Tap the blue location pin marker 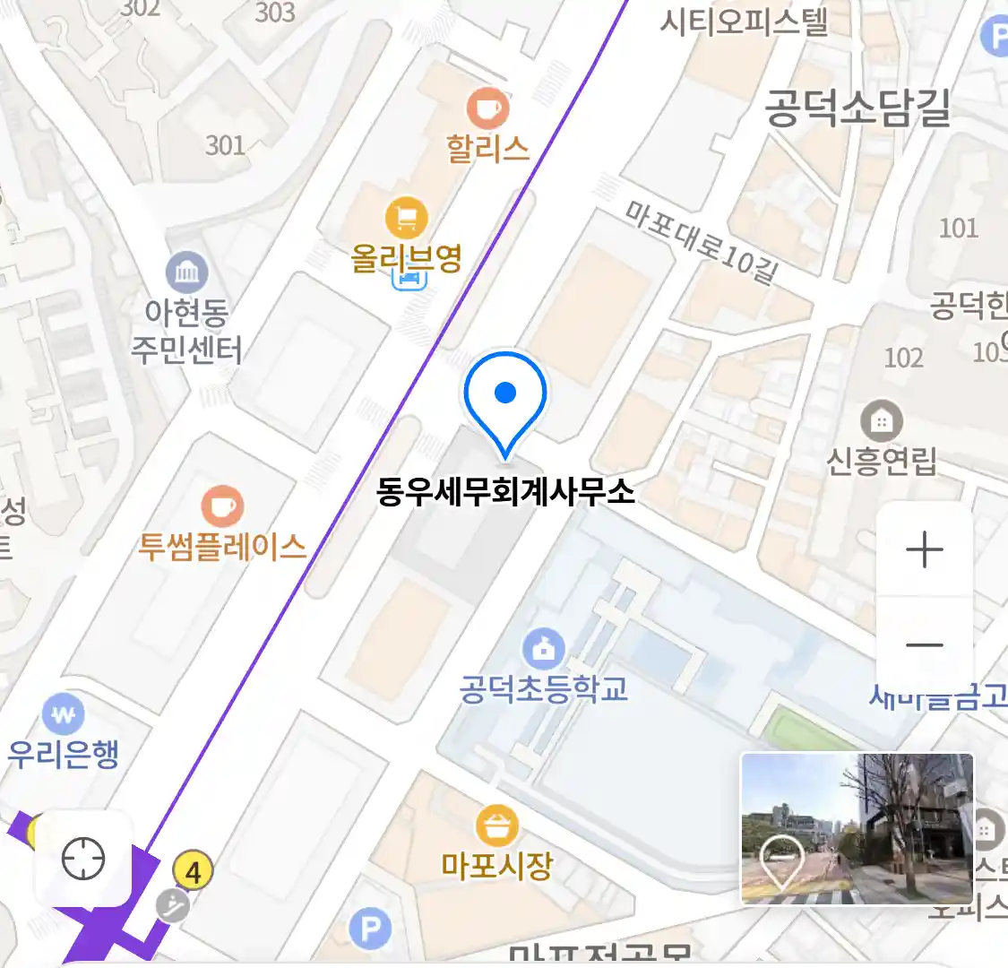click(x=505, y=394)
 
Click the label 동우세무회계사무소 click(x=505, y=492)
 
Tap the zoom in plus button click(x=924, y=550)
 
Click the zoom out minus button click(x=924, y=644)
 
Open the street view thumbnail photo click(x=856, y=828)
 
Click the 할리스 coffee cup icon click(x=487, y=109)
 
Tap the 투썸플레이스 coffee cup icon click(x=221, y=506)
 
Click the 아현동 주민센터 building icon click(x=186, y=273)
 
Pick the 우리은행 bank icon click(x=63, y=715)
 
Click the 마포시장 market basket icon click(x=496, y=825)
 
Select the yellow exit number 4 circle click(x=193, y=869)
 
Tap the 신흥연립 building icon click(x=882, y=420)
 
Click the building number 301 click(x=225, y=144)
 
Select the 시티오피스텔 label click(x=744, y=22)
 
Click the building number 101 click(x=958, y=228)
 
